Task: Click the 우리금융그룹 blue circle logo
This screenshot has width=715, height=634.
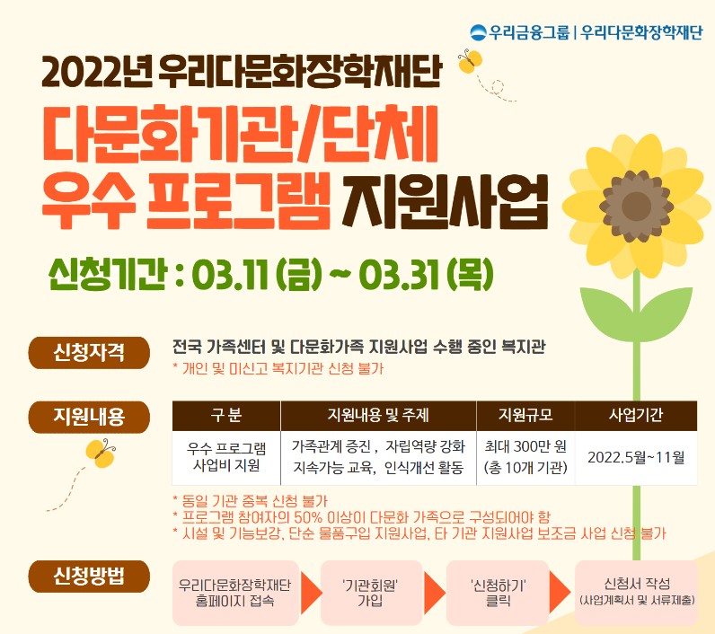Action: [479, 32]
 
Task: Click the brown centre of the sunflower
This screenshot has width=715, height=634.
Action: [636, 205]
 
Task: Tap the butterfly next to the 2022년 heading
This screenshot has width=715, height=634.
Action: [470, 62]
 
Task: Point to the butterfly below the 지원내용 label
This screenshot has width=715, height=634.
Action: [101, 453]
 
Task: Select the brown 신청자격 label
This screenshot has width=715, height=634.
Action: [89, 353]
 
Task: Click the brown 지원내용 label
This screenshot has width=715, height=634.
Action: [89, 417]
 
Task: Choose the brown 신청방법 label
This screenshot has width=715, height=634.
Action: [89, 577]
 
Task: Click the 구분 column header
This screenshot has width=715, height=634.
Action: [226, 416]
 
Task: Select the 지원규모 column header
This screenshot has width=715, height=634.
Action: [525, 416]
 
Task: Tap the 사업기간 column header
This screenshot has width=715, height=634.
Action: [636, 416]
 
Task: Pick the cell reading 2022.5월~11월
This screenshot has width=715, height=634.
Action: [636, 457]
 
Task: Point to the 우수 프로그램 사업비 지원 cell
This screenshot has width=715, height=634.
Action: [226, 457]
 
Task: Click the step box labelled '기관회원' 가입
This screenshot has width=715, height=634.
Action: [370, 593]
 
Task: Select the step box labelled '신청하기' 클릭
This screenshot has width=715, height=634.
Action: [498, 593]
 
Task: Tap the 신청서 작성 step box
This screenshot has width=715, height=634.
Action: [637, 593]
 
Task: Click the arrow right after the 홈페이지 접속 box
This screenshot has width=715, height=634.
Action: [311, 593]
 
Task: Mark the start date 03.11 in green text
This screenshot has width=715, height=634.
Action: [230, 276]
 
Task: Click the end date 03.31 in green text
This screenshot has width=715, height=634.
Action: [401, 276]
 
